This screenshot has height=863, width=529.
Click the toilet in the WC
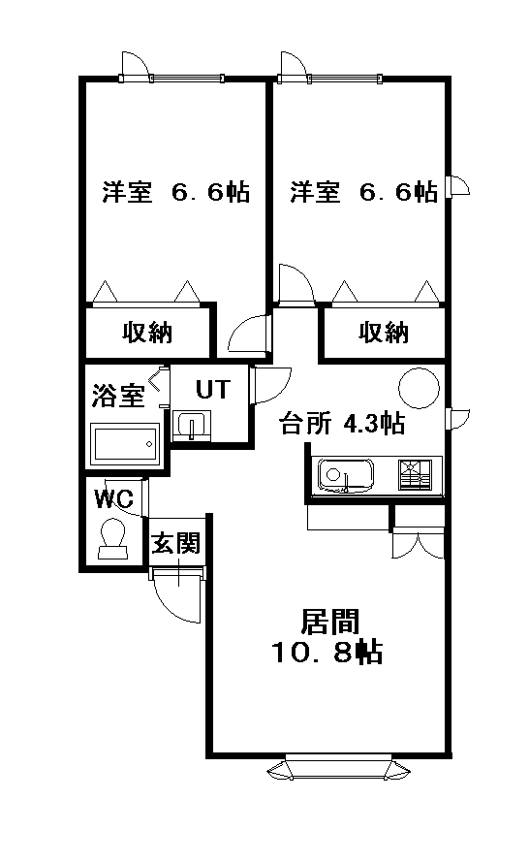[112, 539]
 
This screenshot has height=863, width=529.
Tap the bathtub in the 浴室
[125, 444]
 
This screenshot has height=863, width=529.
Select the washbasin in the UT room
[192, 426]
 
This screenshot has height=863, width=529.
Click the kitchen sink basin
[345, 475]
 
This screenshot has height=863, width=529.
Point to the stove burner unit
[416, 474]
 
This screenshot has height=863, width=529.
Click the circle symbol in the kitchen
[419, 388]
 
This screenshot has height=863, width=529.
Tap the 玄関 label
[175, 543]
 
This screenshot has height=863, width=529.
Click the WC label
[113, 498]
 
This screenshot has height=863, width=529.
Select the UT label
[213, 389]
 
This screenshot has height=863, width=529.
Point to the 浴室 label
[118, 396]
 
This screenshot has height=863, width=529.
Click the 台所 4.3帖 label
[342, 424]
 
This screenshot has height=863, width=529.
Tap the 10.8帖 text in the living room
[327, 653]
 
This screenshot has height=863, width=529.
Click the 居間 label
[329, 622]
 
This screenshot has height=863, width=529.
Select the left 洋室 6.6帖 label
[176, 192]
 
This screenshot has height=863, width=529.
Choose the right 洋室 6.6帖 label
[364, 192]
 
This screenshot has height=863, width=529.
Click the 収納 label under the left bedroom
[147, 333]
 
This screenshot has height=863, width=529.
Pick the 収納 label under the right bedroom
[384, 333]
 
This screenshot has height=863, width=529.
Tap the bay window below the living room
[339, 768]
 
